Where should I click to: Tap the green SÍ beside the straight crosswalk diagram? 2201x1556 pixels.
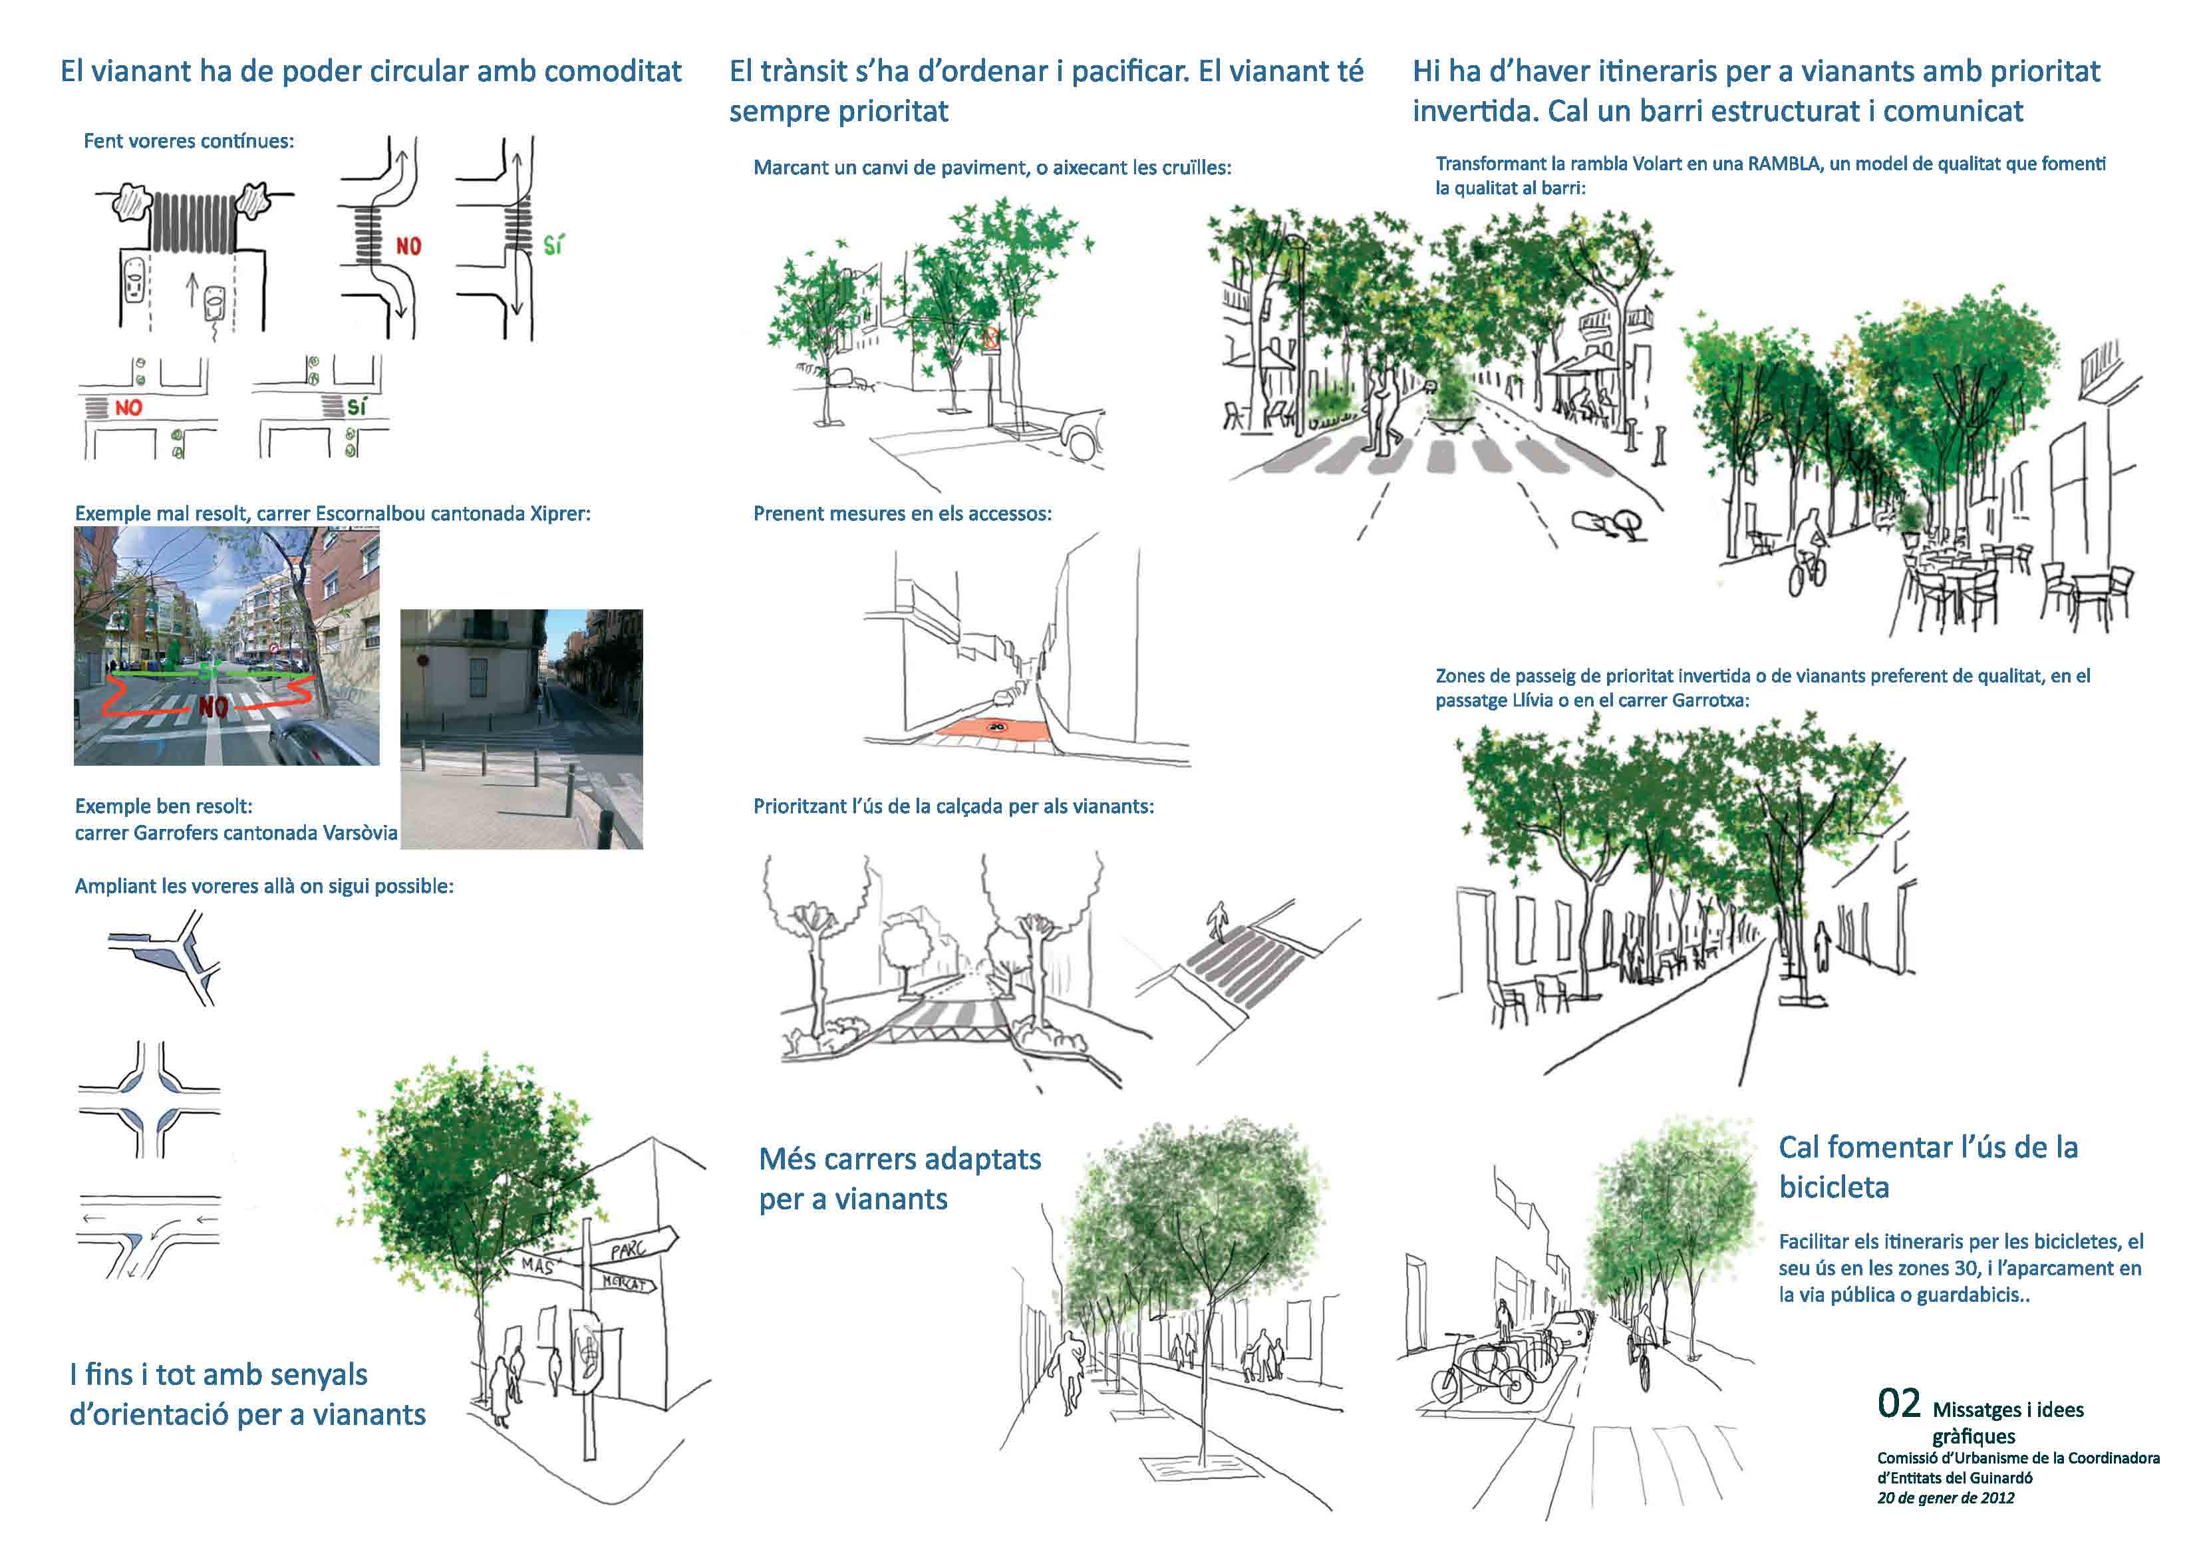click(553, 246)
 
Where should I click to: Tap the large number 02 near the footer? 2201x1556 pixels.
click(1898, 1404)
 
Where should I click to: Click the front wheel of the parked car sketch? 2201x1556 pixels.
click(1080, 443)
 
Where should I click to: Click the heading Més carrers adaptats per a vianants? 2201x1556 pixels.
click(899, 1178)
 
